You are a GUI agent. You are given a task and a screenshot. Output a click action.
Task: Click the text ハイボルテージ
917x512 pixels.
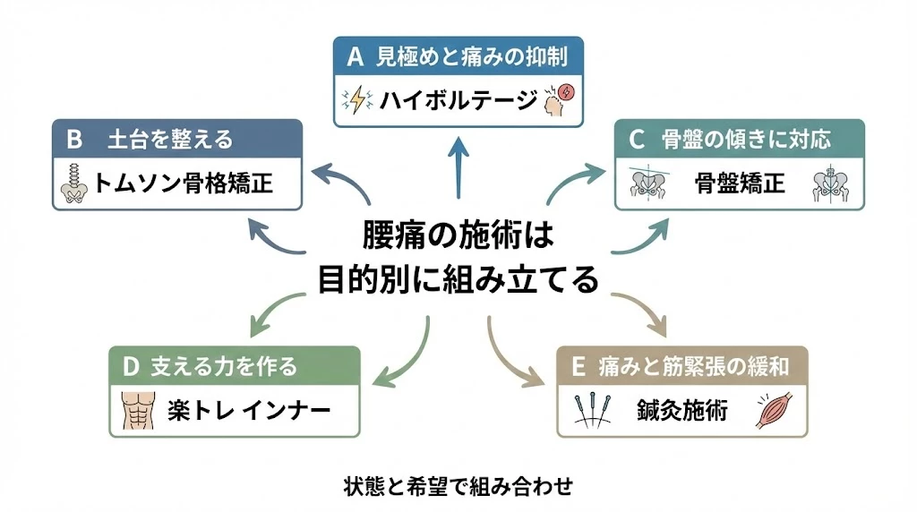[x=458, y=99]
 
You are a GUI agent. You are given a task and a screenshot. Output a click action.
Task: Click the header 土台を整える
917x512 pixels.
[x=170, y=139]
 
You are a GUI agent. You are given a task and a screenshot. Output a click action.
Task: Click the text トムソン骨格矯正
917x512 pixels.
[x=184, y=184]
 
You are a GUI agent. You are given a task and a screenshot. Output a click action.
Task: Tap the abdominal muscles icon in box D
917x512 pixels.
[x=137, y=411]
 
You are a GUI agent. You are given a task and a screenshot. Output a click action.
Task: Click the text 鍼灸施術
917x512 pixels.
[x=682, y=411]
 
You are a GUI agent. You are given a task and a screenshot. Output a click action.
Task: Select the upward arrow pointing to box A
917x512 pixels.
[x=458, y=166]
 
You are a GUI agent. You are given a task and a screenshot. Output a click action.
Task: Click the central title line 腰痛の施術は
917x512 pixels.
[x=458, y=236]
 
